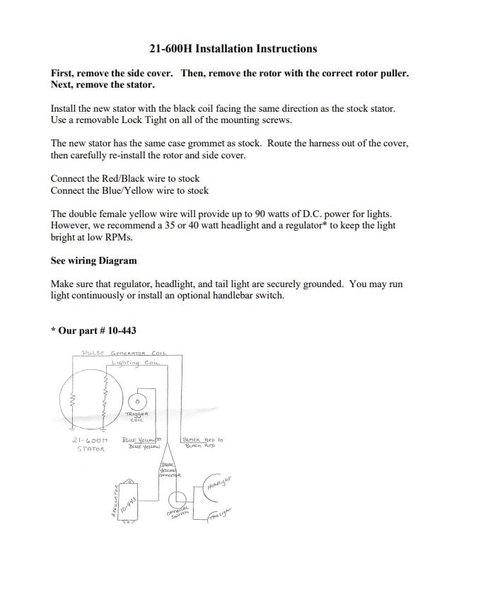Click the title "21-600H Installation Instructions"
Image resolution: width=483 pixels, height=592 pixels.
point(233,49)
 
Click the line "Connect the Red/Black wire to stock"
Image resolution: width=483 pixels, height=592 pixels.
point(125,179)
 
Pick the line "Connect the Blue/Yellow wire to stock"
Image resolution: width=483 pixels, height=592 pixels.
point(129,190)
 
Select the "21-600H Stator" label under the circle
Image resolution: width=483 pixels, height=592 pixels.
point(90,444)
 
